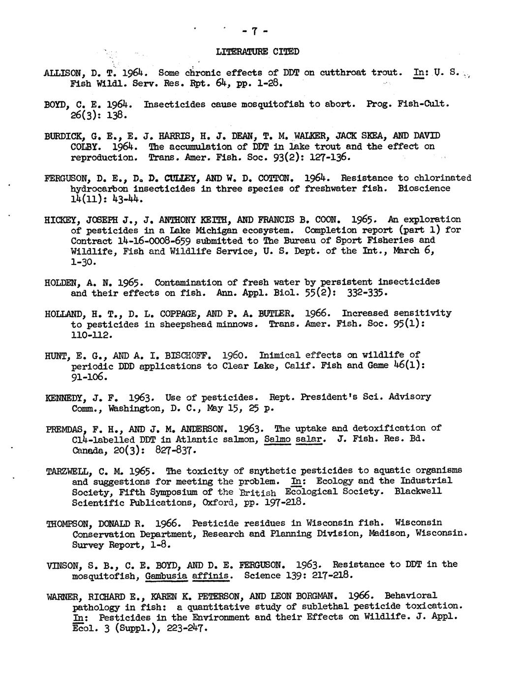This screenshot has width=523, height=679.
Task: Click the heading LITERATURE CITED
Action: point(257,51)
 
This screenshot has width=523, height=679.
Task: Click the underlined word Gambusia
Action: point(163,575)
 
